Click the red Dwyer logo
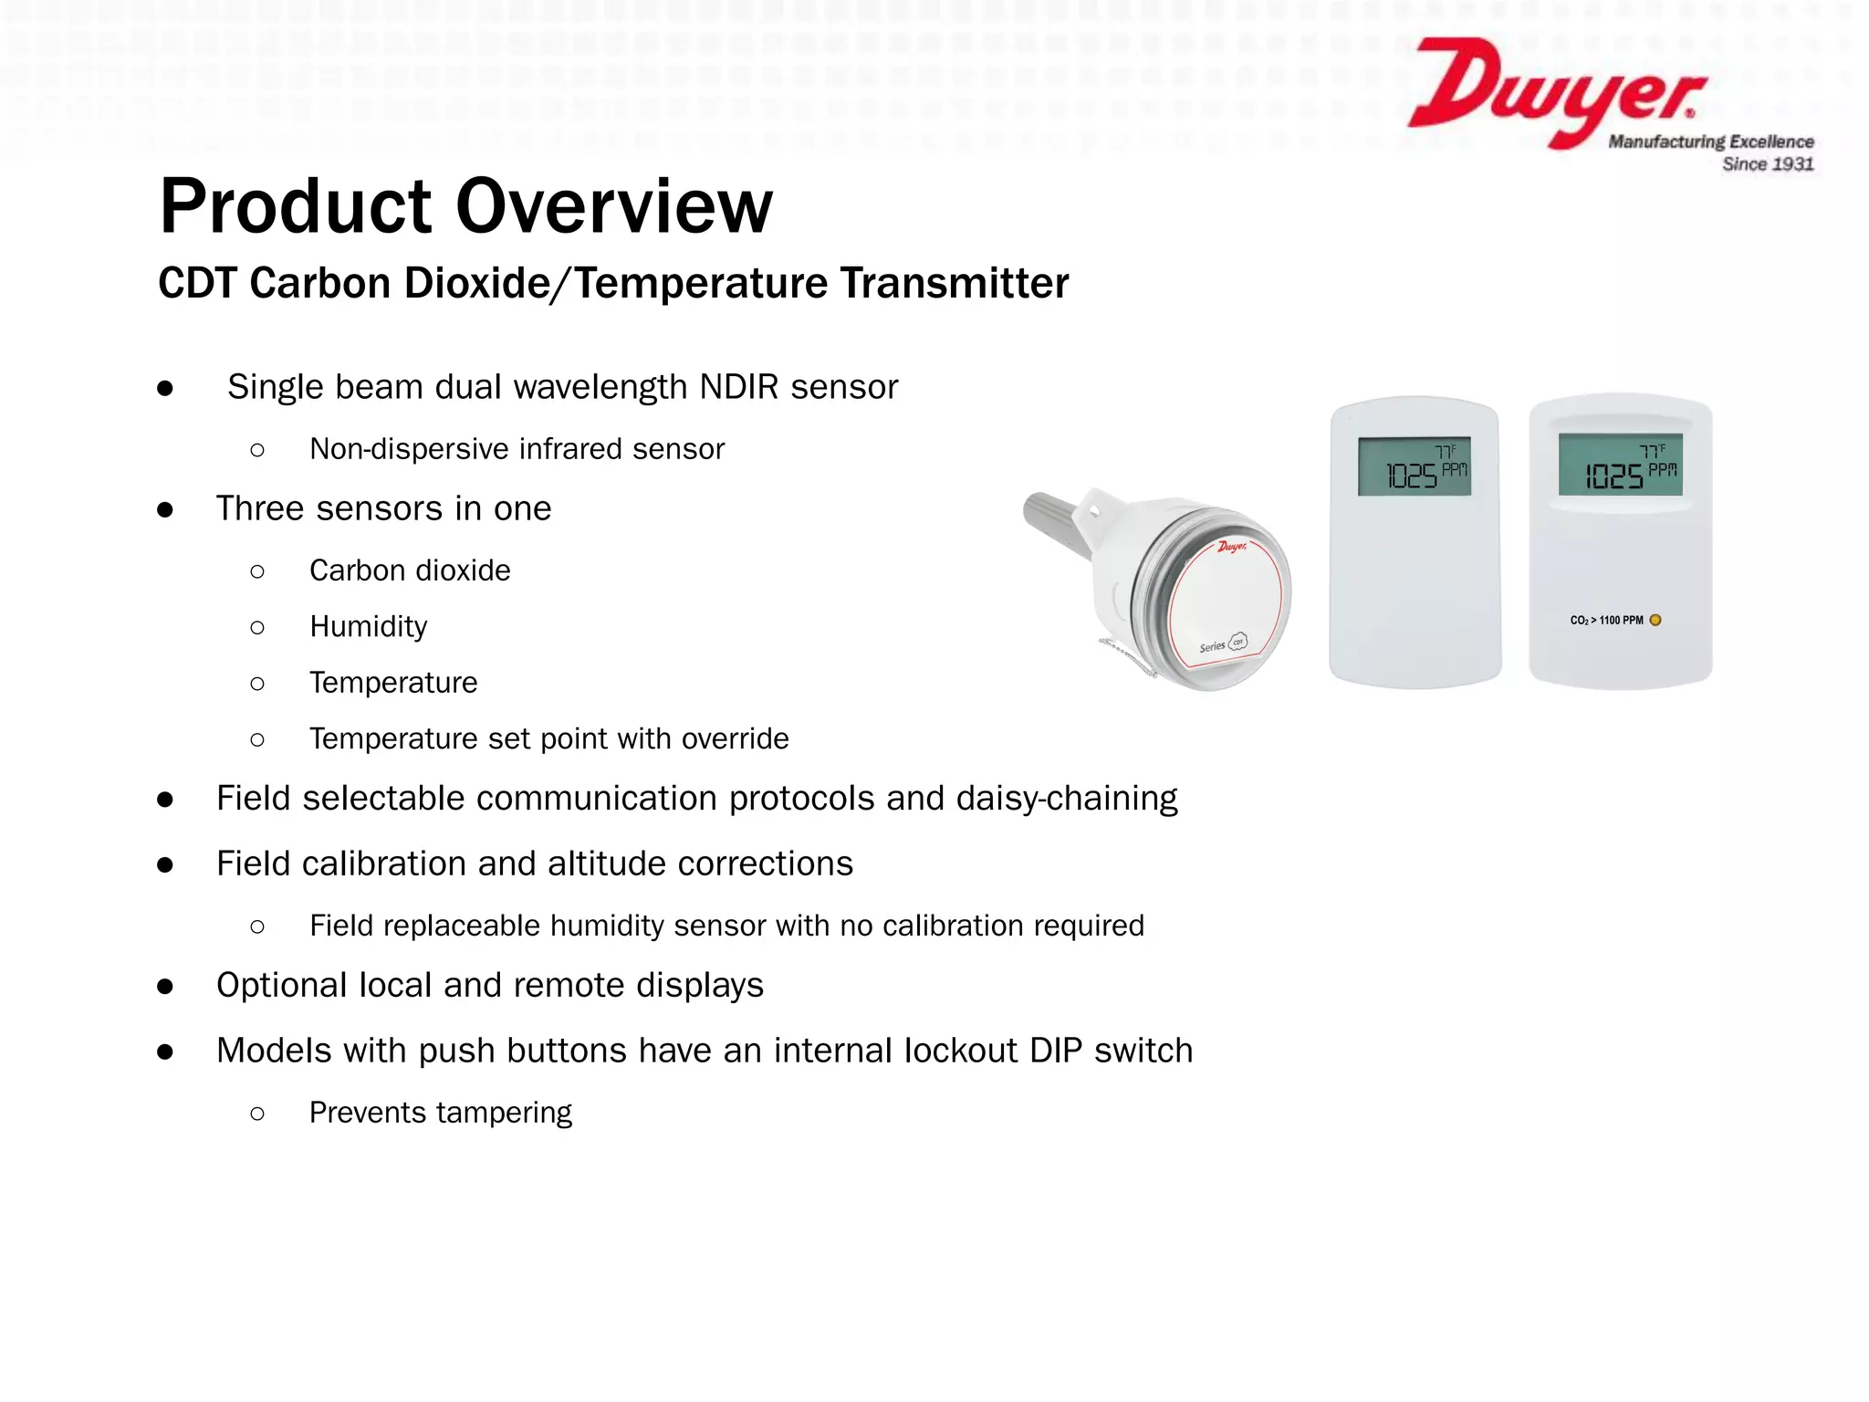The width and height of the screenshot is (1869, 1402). [x=1551, y=91]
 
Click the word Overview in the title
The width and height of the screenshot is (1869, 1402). [x=613, y=206]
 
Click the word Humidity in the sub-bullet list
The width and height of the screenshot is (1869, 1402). [x=368, y=627]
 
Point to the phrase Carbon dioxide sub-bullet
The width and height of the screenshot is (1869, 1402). [x=410, y=570]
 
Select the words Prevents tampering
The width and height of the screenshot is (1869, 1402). [x=440, y=1113]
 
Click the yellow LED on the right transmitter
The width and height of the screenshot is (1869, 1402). [x=1655, y=621]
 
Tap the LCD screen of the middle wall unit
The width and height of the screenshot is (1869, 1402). [x=1414, y=466]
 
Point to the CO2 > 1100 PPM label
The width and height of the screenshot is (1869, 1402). [x=1606, y=621]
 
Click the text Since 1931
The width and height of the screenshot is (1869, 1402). [x=1767, y=164]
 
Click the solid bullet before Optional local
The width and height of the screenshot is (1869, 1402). [x=165, y=987]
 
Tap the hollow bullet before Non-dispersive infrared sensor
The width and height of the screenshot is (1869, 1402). [x=257, y=450]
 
